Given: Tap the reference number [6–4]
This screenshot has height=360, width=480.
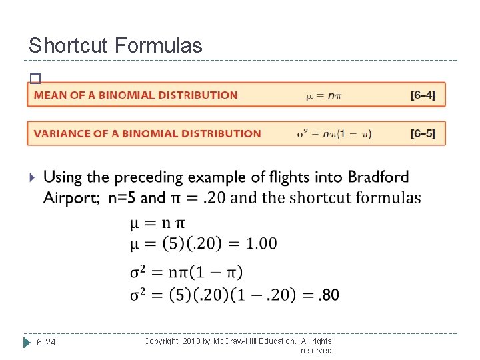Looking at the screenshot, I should click(x=423, y=95).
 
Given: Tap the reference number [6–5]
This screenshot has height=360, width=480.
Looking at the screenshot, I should click(x=423, y=133).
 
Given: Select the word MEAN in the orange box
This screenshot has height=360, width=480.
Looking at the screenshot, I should click(x=51, y=95).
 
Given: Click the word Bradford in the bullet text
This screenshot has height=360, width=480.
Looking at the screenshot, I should click(x=379, y=177).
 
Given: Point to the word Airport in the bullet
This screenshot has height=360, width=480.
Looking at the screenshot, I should click(x=70, y=197).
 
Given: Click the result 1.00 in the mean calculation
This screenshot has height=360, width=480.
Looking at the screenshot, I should click(x=261, y=243).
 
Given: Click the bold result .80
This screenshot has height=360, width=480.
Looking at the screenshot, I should click(x=329, y=294).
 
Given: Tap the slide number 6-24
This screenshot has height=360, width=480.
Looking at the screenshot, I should click(x=46, y=343).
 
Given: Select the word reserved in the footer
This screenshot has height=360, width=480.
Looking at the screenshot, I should click(x=317, y=350).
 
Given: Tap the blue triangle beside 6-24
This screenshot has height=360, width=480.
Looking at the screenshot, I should click(x=27, y=343).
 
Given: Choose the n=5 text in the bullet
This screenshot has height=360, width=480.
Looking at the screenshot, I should click(x=120, y=197).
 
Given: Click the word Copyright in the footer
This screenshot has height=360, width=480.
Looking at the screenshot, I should click(x=161, y=341).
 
